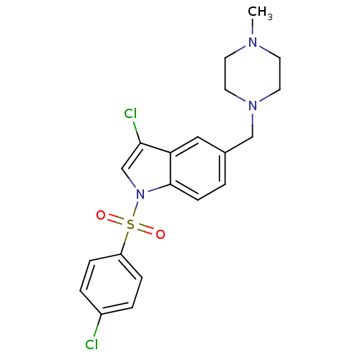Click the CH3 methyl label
260,12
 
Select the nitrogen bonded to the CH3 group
253,42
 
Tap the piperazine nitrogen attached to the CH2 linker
253,106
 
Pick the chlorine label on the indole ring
130,114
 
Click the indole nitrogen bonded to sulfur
140,194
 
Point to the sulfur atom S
130,225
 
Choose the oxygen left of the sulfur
101,215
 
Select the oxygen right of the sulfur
161,234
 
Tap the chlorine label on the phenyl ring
91,345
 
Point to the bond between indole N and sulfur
136,210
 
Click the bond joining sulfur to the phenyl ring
125,243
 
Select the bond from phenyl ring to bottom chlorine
98,326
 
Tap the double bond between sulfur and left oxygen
116,220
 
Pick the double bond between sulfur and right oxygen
145,230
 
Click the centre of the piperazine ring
253,74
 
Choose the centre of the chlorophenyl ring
111,284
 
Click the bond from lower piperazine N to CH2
253,125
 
